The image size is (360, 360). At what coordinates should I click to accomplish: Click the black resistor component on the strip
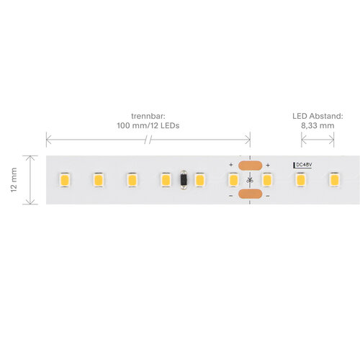184,180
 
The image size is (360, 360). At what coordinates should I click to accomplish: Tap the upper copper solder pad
250,166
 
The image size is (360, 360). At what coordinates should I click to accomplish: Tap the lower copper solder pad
250,194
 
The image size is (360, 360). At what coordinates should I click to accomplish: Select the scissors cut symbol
250,180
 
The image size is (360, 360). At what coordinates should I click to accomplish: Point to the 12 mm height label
14,180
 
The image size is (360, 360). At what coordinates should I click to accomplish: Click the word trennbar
148,117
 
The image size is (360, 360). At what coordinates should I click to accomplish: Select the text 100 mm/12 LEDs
148,125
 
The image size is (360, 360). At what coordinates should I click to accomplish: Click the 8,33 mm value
318,125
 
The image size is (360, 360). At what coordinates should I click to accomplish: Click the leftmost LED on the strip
65,180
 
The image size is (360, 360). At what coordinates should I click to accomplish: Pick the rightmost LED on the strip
334,179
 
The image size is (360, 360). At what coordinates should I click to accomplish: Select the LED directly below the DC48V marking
300,180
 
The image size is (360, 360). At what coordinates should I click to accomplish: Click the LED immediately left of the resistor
166,180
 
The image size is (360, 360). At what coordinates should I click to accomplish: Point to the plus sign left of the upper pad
231,165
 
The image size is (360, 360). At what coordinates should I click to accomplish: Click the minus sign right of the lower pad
268,196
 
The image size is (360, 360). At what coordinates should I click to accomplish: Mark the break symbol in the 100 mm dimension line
148,140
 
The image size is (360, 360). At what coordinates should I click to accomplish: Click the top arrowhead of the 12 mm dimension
30,158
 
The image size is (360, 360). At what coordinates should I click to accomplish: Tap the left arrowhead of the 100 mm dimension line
48,140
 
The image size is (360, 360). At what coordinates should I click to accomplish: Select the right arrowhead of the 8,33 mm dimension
331,140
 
